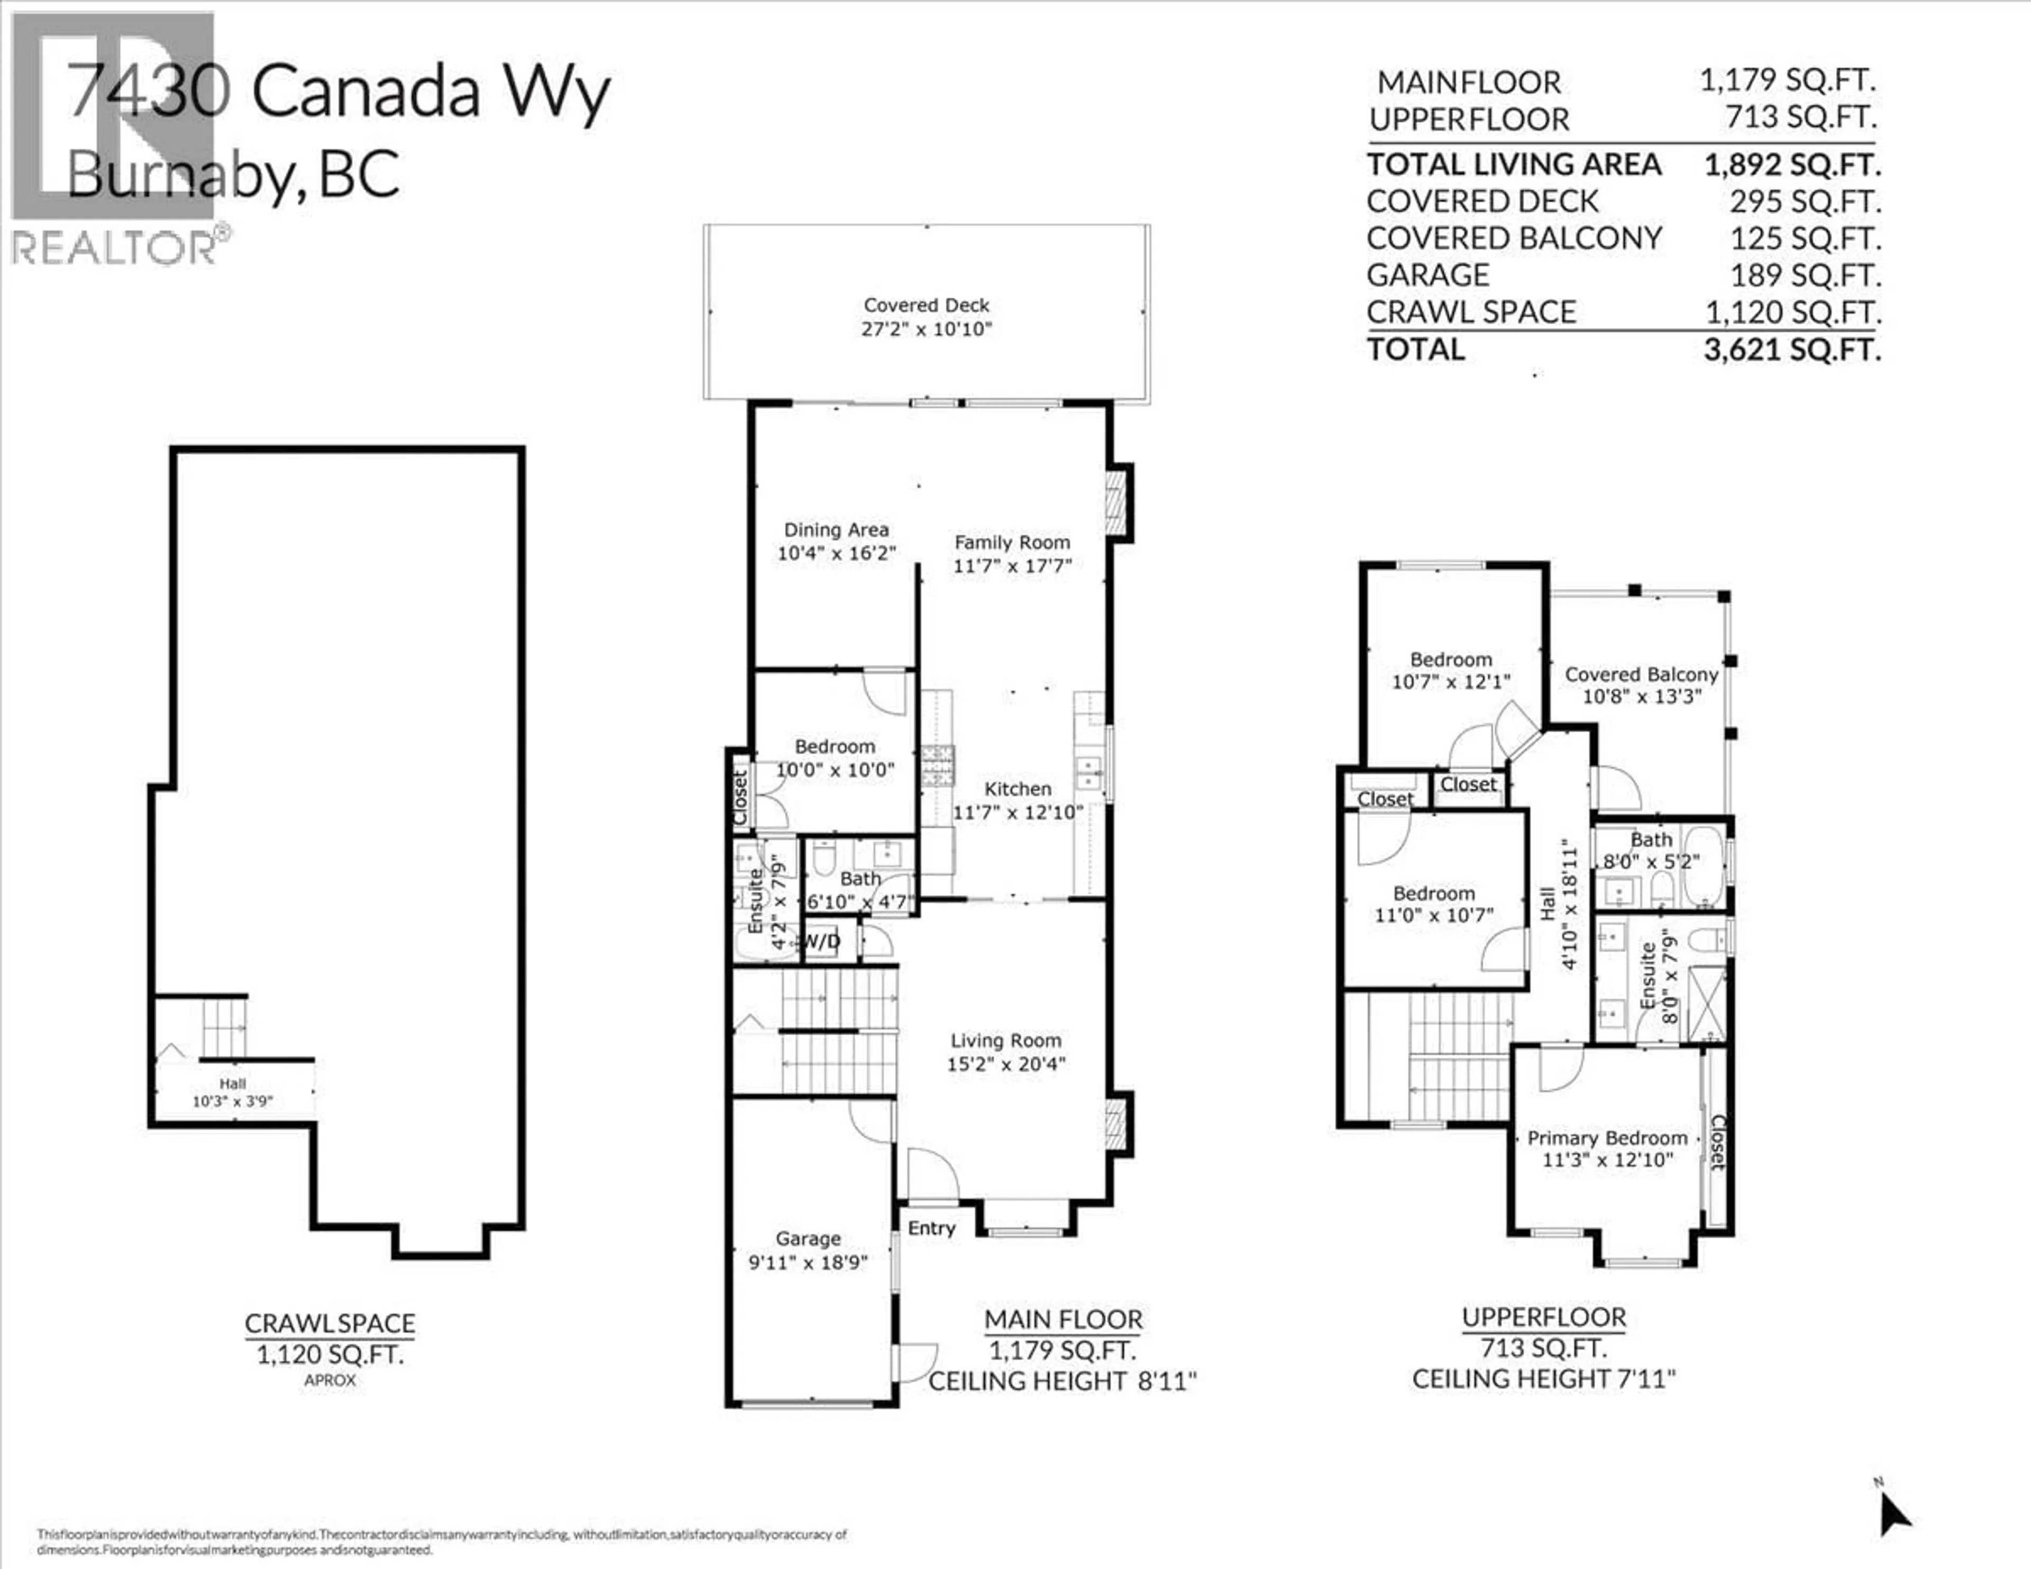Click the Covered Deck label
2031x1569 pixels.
tap(926, 305)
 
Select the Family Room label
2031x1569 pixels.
tap(1012, 542)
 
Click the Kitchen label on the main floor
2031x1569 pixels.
tap(1018, 789)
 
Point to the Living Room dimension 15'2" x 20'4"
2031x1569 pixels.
tap(1005, 1064)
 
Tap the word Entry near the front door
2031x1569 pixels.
tap(931, 1229)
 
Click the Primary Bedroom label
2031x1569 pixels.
tap(1607, 1138)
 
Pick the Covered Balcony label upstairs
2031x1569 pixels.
tap(1641, 674)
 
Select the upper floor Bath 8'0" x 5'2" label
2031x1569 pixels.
tap(1651, 850)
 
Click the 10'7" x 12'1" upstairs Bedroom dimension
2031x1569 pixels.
tap(1451, 682)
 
